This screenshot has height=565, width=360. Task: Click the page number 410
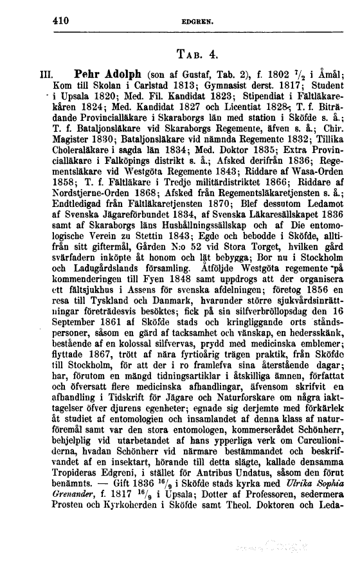(62, 20)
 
